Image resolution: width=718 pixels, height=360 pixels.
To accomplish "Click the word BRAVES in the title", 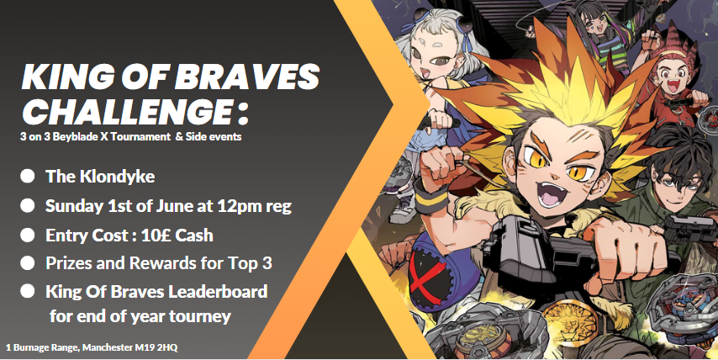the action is (x=246, y=76).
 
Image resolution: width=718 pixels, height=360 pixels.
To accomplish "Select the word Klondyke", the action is (x=117, y=177).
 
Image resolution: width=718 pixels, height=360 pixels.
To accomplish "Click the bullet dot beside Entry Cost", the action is (x=28, y=235).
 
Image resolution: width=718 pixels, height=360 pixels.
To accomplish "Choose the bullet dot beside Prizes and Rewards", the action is (x=28, y=263).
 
